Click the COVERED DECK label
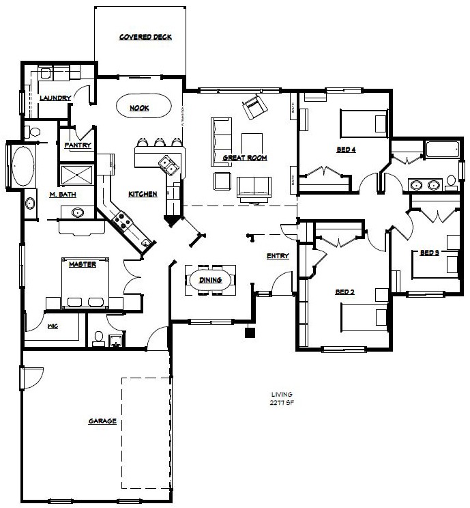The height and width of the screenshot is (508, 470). (x=145, y=37)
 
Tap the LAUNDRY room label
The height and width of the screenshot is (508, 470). (x=55, y=98)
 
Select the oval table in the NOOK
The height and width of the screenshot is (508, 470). (x=142, y=107)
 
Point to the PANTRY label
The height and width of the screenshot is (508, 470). (x=78, y=145)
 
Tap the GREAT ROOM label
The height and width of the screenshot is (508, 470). (x=244, y=158)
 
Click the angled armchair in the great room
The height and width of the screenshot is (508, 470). (x=254, y=106)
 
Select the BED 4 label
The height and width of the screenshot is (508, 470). (x=347, y=150)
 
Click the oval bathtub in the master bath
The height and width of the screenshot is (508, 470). (x=23, y=166)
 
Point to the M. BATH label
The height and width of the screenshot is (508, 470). (x=62, y=195)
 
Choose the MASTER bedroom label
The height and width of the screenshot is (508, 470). (x=82, y=265)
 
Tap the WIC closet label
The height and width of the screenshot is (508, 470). (x=53, y=326)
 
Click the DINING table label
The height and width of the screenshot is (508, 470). (x=209, y=280)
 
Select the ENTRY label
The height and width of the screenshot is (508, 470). (x=278, y=256)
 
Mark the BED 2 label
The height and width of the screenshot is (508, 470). (x=344, y=292)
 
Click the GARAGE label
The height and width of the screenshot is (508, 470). (x=102, y=421)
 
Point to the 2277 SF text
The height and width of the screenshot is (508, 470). (x=281, y=403)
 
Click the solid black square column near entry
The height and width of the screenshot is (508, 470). (x=250, y=333)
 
